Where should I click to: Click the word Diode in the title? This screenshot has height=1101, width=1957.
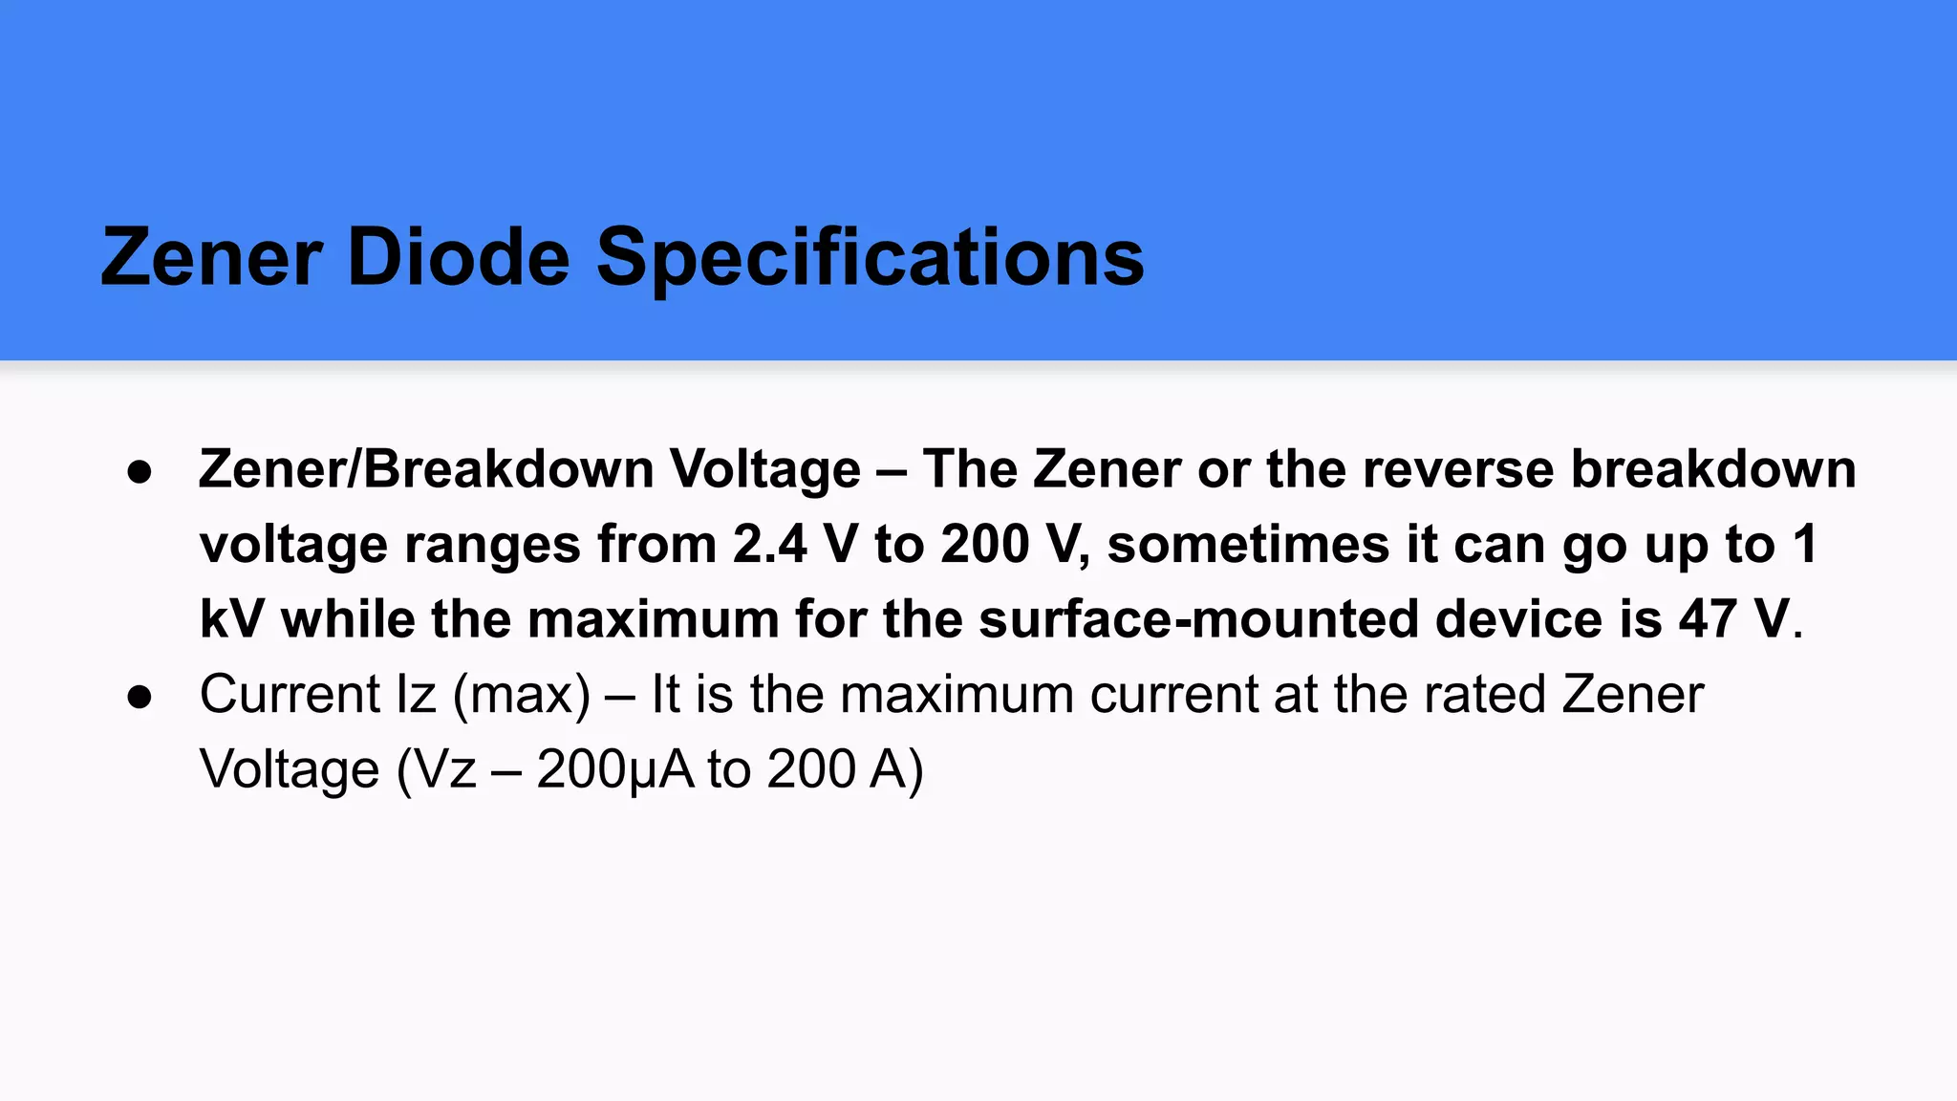click(458, 257)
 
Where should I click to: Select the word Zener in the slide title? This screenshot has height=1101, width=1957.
click(211, 257)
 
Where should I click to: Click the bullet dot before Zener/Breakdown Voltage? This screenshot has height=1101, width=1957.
click(140, 472)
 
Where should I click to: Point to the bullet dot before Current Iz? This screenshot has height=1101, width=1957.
click(140, 697)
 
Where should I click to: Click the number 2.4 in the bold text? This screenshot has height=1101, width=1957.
click(769, 545)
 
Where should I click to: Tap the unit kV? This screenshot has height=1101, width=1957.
click(231, 619)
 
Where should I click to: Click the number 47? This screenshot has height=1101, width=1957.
click(1709, 619)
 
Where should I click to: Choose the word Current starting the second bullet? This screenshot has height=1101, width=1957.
click(290, 695)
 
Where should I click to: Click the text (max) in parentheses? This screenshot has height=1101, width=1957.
click(522, 695)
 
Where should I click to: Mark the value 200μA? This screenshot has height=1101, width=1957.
click(615, 769)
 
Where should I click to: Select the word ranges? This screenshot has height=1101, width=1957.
click(493, 545)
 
